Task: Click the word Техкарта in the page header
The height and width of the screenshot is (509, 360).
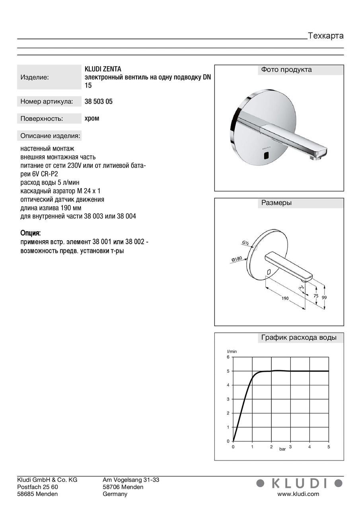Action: (x=326, y=36)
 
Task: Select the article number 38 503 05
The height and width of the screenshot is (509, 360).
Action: (x=99, y=102)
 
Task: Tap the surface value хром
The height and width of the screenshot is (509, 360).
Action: (x=92, y=119)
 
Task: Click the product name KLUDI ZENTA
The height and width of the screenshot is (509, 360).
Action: (x=103, y=69)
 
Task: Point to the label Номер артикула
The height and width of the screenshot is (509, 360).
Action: (x=47, y=102)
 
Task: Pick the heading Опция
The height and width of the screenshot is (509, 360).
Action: (x=31, y=233)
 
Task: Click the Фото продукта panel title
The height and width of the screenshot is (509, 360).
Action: (x=286, y=70)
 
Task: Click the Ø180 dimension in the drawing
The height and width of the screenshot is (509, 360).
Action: (x=237, y=259)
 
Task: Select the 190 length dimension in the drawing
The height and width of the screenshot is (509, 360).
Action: (x=285, y=298)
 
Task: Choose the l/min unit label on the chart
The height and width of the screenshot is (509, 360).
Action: (x=232, y=352)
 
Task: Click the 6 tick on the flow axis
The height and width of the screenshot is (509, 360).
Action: (x=228, y=357)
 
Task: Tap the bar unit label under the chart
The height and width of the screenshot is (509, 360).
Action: (x=282, y=449)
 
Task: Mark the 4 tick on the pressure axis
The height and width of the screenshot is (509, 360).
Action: (x=309, y=447)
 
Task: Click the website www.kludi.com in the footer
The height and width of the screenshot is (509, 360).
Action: (x=298, y=494)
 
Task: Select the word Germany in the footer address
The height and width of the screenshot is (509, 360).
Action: (x=115, y=494)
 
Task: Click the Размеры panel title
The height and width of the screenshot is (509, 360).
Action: (x=276, y=203)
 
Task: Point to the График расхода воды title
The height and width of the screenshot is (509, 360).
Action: (x=299, y=338)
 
